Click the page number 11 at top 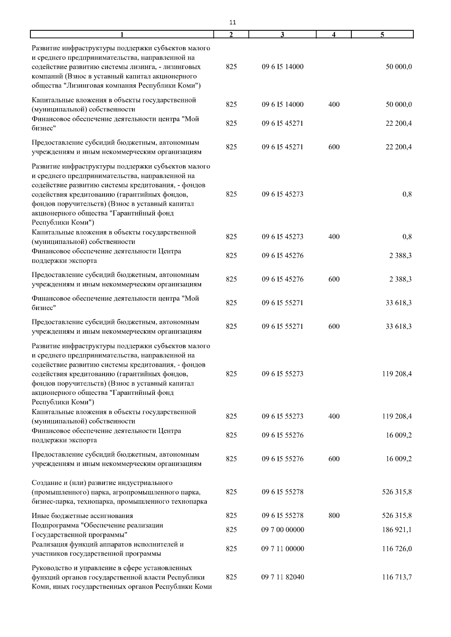(232, 23)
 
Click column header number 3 (282, 35)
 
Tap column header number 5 (382, 35)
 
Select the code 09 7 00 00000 (283, 530)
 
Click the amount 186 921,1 (397, 530)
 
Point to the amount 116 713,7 (397, 577)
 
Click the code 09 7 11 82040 (283, 577)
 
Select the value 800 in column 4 (334, 516)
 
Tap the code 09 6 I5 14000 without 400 (283, 67)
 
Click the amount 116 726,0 (397, 549)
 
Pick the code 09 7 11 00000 (283, 549)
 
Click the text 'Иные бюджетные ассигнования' (82, 516)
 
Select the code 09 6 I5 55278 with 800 (283, 516)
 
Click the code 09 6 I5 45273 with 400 (283, 237)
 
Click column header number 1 (122, 35)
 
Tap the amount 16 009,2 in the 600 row (398, 459)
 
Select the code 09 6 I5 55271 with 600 (283, 327)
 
